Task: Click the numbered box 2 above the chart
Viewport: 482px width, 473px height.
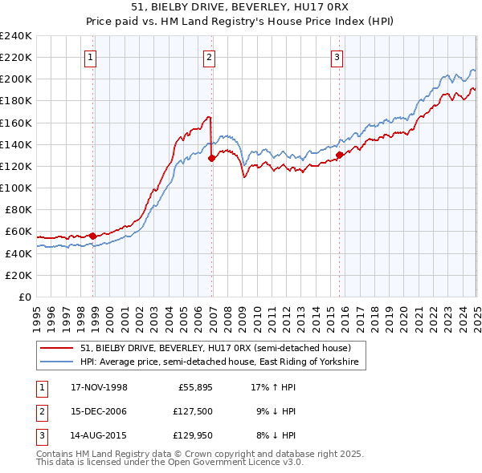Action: [208, 57]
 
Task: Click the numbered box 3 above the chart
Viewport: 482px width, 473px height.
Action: [337, 57]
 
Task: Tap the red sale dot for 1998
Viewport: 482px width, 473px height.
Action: [93, 236]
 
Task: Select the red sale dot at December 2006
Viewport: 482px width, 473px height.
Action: [211, 158]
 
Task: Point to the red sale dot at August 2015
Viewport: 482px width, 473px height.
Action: [339, 155]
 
